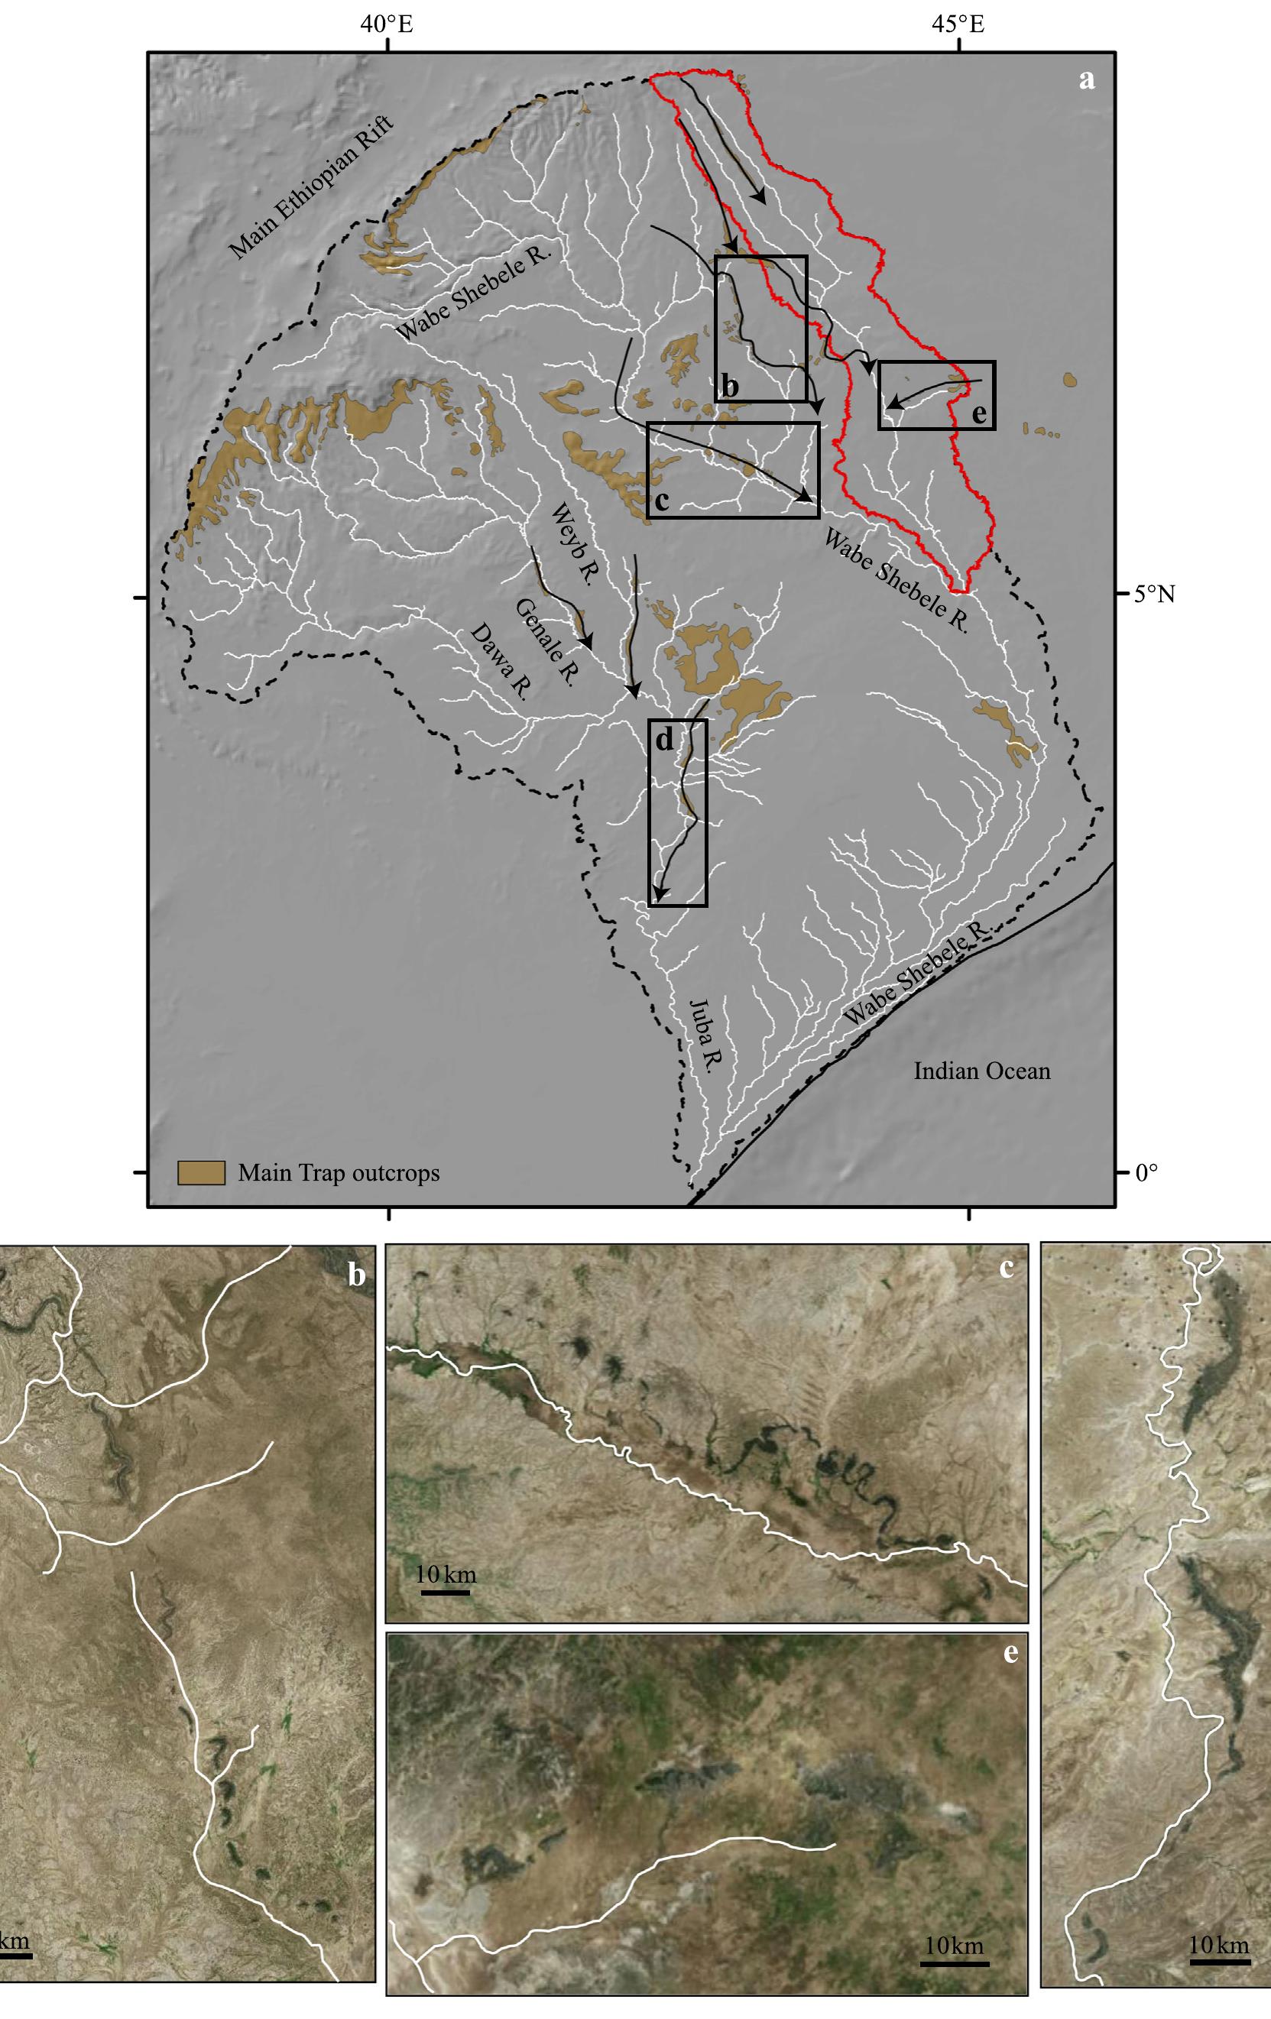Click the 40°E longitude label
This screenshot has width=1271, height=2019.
pos(387,25)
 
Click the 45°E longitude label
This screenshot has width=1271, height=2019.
pos(958,25)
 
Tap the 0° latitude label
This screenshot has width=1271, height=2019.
pos(1146,1172)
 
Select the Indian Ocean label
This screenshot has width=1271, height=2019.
pos(982,1071)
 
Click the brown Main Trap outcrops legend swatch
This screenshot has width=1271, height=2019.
pos(201,1172)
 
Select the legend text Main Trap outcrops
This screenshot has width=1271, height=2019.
pos(339,1172)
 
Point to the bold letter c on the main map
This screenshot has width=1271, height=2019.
pos(660,501)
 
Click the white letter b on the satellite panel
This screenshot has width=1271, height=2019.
pos(356,1275)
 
